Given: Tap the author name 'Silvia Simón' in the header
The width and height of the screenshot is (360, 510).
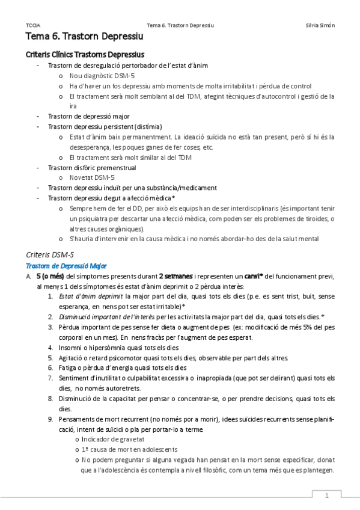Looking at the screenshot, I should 320,25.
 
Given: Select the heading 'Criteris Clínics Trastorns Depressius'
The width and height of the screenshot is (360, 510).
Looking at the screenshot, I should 85,55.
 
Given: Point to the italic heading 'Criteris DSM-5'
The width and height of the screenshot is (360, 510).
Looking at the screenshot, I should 51,254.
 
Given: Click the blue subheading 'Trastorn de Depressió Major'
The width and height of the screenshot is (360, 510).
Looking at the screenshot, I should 66,265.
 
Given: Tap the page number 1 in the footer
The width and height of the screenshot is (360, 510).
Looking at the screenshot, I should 327,496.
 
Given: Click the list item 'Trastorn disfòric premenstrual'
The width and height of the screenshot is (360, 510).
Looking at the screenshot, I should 92,168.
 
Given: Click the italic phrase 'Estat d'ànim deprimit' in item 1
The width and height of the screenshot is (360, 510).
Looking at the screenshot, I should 91,296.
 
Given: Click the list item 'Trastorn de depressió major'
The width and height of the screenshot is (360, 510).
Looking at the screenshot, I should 88,116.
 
